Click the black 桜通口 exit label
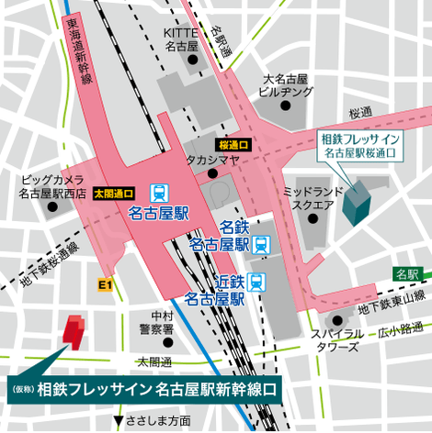234,144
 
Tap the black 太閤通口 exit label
114,194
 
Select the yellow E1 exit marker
103,286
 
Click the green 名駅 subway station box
406,274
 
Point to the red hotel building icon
73,332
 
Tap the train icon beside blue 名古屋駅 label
160,193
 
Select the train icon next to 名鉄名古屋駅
262,244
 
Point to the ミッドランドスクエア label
307,198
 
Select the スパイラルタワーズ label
339,339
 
